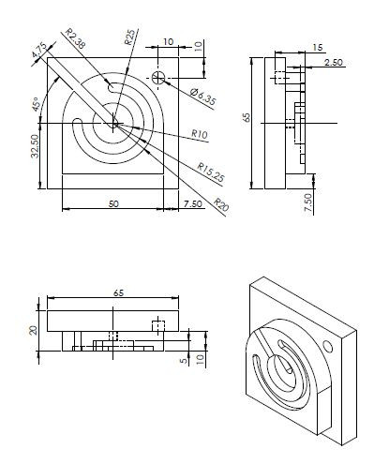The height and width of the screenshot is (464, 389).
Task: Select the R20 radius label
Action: [221, 203]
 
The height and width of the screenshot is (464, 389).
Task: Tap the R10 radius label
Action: [199, 135]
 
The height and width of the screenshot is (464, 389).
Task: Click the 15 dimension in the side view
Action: [318, 46]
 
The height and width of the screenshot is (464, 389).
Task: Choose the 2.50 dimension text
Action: [332, 62]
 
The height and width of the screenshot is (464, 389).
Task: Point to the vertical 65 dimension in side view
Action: [247, 117]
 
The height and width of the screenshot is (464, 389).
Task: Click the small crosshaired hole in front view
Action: [160, 77]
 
